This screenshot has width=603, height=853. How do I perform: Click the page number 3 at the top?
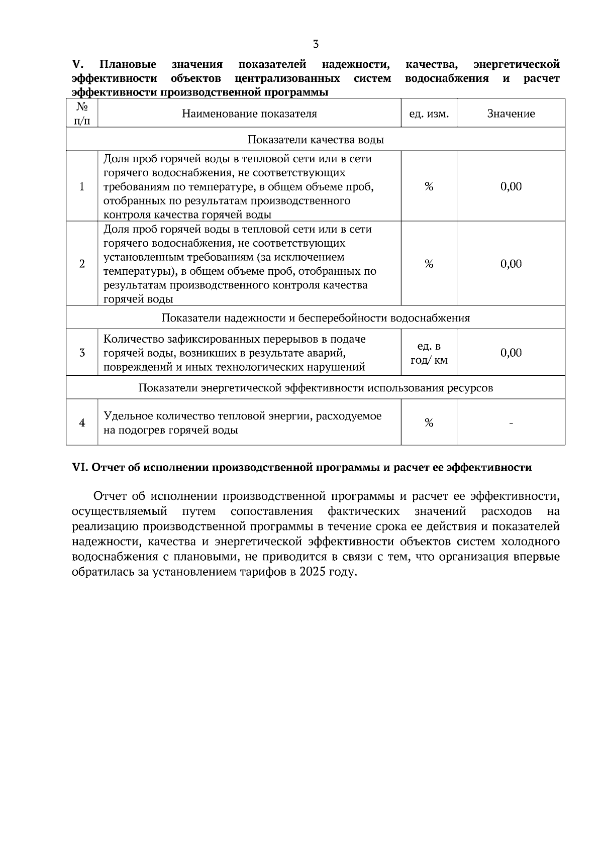(316, 44)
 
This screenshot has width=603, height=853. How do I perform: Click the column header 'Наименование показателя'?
(249, 114)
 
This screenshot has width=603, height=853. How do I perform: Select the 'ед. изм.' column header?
(429, 114)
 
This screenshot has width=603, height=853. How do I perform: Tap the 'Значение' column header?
(511, 114)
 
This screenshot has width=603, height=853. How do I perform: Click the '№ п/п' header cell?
(82, 114)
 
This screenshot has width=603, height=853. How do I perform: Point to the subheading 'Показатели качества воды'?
(316, 140)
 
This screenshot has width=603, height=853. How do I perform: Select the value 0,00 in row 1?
(511, 186)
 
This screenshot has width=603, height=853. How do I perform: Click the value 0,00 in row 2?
(511, 264)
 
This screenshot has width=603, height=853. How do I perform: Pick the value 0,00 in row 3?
(511, 353)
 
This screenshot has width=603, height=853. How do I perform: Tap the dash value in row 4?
(511, 423)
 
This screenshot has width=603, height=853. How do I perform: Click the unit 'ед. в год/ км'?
(429, 353)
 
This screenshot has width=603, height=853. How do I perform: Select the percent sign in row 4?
(429, 423)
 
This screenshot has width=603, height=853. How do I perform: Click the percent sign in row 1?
(429, 186)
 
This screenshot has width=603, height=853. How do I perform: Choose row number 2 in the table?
(82, 264)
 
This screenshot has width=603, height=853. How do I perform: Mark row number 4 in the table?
(82, 423)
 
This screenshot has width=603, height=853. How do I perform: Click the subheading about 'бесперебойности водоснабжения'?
(316, 318)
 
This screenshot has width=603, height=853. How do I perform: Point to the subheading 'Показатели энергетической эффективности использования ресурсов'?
(316, 388)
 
